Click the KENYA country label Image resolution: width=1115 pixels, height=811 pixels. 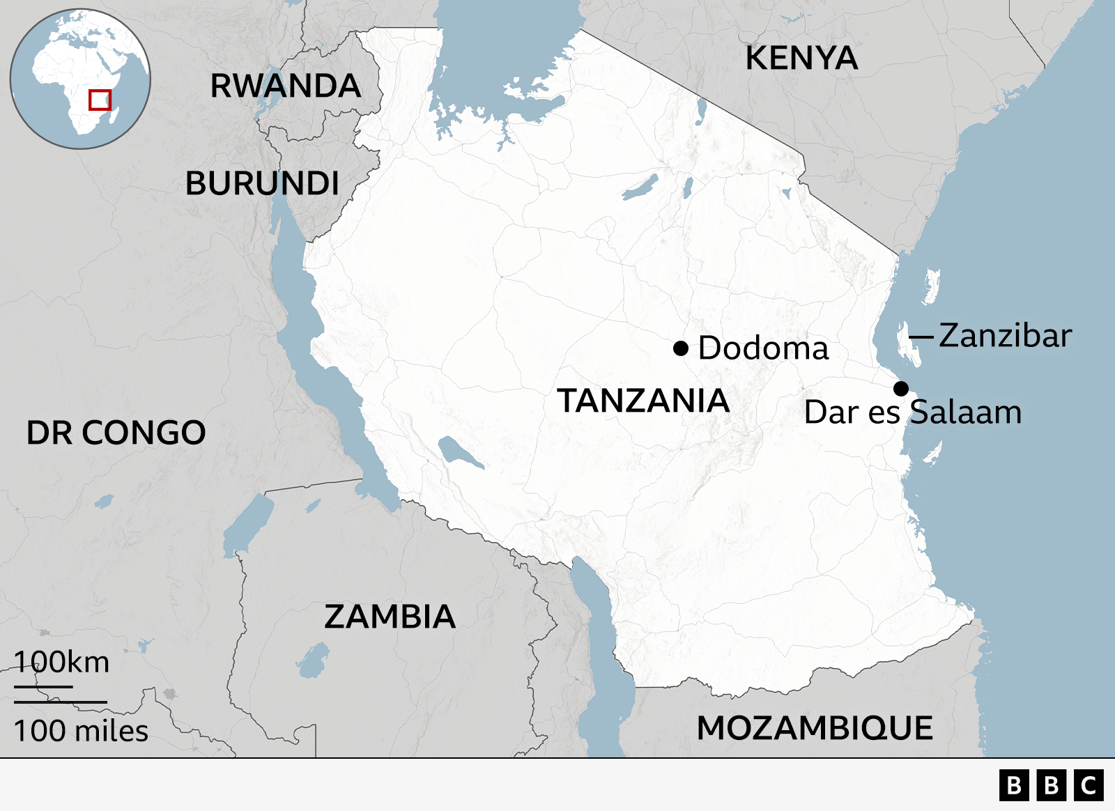pos(801,58)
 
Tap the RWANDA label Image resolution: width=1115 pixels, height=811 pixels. pos(286,86)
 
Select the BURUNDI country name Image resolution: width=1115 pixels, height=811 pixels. pos(262,184)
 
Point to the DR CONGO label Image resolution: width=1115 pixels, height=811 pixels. pos(116,433)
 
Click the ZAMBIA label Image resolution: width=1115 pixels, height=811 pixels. pos(390,617)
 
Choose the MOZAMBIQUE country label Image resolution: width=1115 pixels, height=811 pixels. pos(815,728)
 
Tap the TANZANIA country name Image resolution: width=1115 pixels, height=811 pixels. pos(643,401)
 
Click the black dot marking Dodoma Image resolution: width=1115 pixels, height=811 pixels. pos(681,348)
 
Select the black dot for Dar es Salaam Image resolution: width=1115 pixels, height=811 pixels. pos(901,389)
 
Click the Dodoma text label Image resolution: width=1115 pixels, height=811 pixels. pos(763,348)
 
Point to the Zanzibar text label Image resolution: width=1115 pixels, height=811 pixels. pos(1005,336)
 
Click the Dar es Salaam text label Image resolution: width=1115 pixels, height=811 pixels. pos(913,412)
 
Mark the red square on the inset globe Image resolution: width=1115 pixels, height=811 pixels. pos(100,100)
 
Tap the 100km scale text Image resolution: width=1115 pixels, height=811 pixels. pos(61,662)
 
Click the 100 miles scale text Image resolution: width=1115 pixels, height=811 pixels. pos(81,731)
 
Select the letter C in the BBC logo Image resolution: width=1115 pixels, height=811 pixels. pos(1089,785)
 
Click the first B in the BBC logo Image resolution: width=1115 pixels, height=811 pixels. pos(1014,785)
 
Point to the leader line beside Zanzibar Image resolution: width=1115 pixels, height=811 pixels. pos(921,337)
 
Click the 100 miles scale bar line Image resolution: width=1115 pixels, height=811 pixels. pos(61,702)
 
